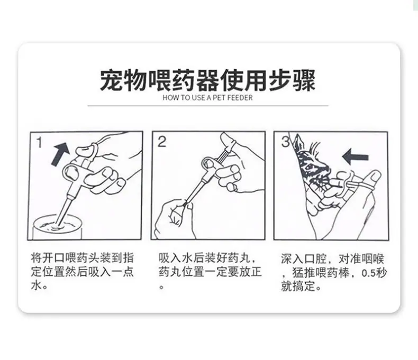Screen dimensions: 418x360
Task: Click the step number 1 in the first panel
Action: click(40, 142)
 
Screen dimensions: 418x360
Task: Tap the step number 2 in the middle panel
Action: click(162, 142)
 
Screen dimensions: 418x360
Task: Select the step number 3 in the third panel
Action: click(285, 142)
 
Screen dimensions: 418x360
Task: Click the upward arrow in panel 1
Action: click(61, 154)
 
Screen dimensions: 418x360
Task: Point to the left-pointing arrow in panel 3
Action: click(356, 156)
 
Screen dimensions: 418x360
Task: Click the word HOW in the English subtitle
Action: click(168, 98)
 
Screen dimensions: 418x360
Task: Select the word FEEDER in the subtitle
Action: click(240, 98)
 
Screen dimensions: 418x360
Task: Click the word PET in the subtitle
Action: click(219, 98)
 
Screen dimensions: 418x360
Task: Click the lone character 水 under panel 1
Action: click(37, 285)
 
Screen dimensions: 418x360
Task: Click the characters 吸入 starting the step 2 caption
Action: click(170, 258)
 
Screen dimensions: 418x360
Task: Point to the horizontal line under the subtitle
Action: click(208, 106)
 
